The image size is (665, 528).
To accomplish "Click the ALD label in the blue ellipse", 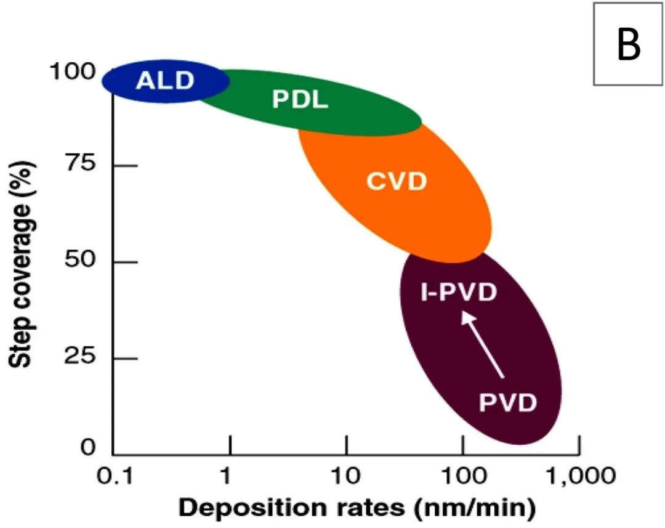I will click(x=164, y=80).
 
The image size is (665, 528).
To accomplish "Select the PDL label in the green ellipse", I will click(x=300, y=100).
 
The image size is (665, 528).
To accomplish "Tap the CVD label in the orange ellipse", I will click(x=397, y=182).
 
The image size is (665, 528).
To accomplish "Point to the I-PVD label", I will click(x=459, y=293).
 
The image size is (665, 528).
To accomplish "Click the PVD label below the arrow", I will click(x=508, y=404).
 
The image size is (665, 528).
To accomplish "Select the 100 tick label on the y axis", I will click(x=73, y=72).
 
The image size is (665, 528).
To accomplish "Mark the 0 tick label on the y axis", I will click(x=89, y=447).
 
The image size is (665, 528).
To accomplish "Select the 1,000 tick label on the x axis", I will click(x=579, y=476).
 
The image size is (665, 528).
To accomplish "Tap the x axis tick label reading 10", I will click(x=346, y=476).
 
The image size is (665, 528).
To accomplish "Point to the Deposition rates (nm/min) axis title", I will click(x=357, y=508).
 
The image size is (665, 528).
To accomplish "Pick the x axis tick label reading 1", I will click(x=229, y=476).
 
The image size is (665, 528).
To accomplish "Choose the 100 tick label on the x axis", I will click(x=462, y=476).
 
